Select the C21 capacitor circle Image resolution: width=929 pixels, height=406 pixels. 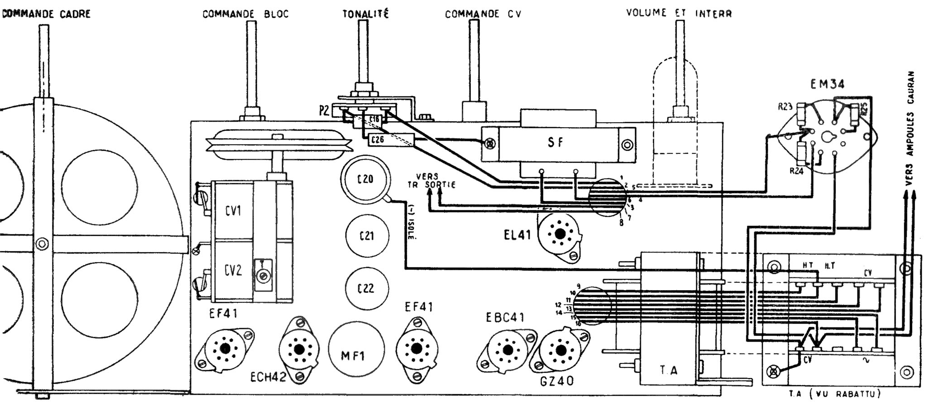[x=366, y=236]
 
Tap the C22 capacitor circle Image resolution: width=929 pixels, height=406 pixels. [x=366, y=288]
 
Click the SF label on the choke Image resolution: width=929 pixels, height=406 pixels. [x=555, y=143]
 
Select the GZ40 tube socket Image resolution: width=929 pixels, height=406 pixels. [x=561, y=350]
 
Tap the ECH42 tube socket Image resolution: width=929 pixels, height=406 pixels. [x=299, y=349]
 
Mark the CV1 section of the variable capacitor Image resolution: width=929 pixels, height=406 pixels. [x=233, y=211]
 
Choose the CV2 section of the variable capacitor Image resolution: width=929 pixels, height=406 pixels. [x=233, y=271]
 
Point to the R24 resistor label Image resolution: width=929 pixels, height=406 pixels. [x=796, y=171]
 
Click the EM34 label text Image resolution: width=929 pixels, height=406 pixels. [x=827, y=84]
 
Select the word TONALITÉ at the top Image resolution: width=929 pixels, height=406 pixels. [x=365, y=14]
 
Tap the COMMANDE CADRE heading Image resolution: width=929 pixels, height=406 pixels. [x=46, y=14]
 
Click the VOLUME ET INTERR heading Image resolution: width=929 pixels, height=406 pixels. [x=679, y=13]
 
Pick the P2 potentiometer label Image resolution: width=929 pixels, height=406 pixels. [x=324, y=110]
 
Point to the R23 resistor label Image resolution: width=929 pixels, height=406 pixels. [x=785, y=107]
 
